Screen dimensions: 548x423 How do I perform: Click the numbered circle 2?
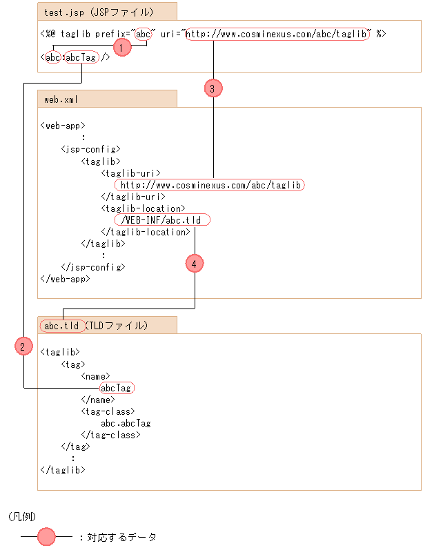click(x=23, y=347)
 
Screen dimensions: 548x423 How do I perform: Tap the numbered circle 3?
click(x=213, y=88)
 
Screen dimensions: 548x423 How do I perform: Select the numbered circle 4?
click(x=195, y=263)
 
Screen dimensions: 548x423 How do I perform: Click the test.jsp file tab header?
click(x=107, y=11)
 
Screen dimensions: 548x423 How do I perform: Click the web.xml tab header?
click(x=107, y=99)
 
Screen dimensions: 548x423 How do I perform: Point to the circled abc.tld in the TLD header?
click(x=61, y=326)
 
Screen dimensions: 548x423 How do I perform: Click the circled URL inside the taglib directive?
click(x=277, y=33)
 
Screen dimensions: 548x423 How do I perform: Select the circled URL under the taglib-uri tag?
click(x=210, y=185)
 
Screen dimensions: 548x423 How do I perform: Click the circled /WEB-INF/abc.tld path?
click(x=162, y=220)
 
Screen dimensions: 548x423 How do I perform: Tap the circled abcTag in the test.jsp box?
click(x=81, y=58)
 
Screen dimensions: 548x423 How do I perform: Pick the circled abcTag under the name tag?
click(x=116, y=388)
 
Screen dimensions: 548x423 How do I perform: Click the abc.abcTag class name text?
click(x=126, y=423)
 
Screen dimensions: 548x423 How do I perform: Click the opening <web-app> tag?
click(x=63, y=126)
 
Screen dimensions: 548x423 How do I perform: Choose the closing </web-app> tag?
click(x=66, y=279)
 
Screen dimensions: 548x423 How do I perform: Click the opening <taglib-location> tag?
click(x=143, y=208)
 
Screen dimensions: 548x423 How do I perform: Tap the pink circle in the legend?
click(x=46, y=536)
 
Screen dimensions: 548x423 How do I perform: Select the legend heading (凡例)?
click(x=23, y=516)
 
